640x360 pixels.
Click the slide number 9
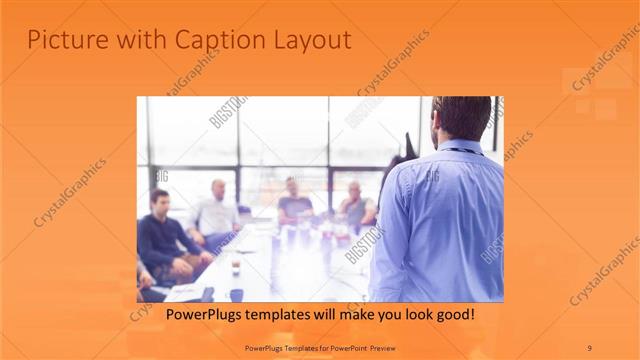[x=590, y=347]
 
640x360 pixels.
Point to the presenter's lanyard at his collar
[x=462, y=150]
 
